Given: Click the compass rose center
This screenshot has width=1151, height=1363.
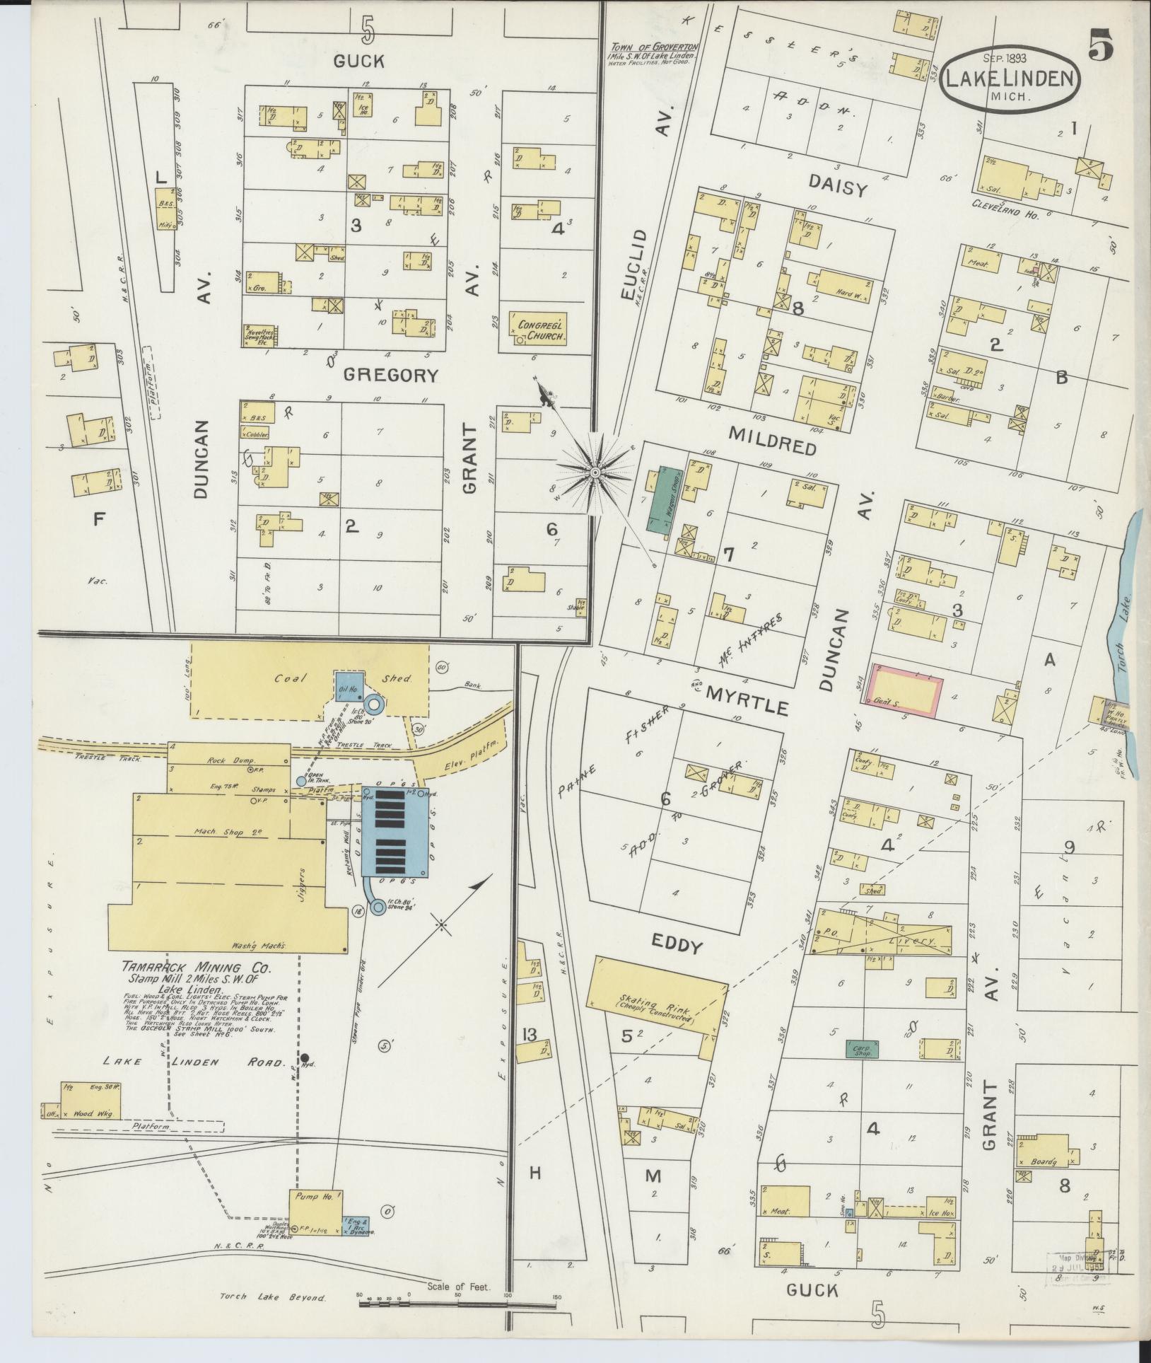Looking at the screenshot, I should pyautogui.click(x=595, y=472).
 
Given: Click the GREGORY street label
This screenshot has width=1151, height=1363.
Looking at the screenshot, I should pyautogui.click(x=391, y=375).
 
